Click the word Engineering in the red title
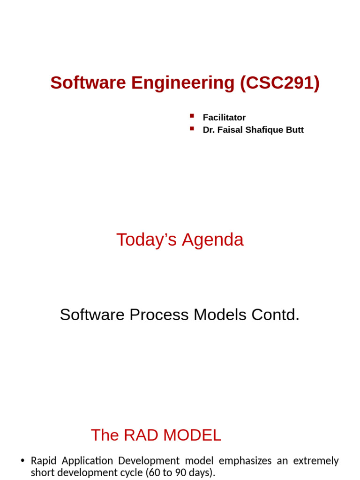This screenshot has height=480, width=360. point(183,83)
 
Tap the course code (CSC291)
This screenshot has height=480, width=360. point(279,83)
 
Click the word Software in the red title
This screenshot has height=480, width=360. point(88,83)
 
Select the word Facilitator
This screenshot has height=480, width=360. point(224,118)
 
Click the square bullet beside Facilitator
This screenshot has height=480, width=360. point(192,116)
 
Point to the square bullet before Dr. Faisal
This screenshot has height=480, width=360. point(192,128)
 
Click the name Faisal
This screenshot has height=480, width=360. point(230,130)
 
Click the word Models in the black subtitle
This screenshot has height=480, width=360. point(220,315)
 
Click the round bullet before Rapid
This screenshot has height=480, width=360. point(22,461)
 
